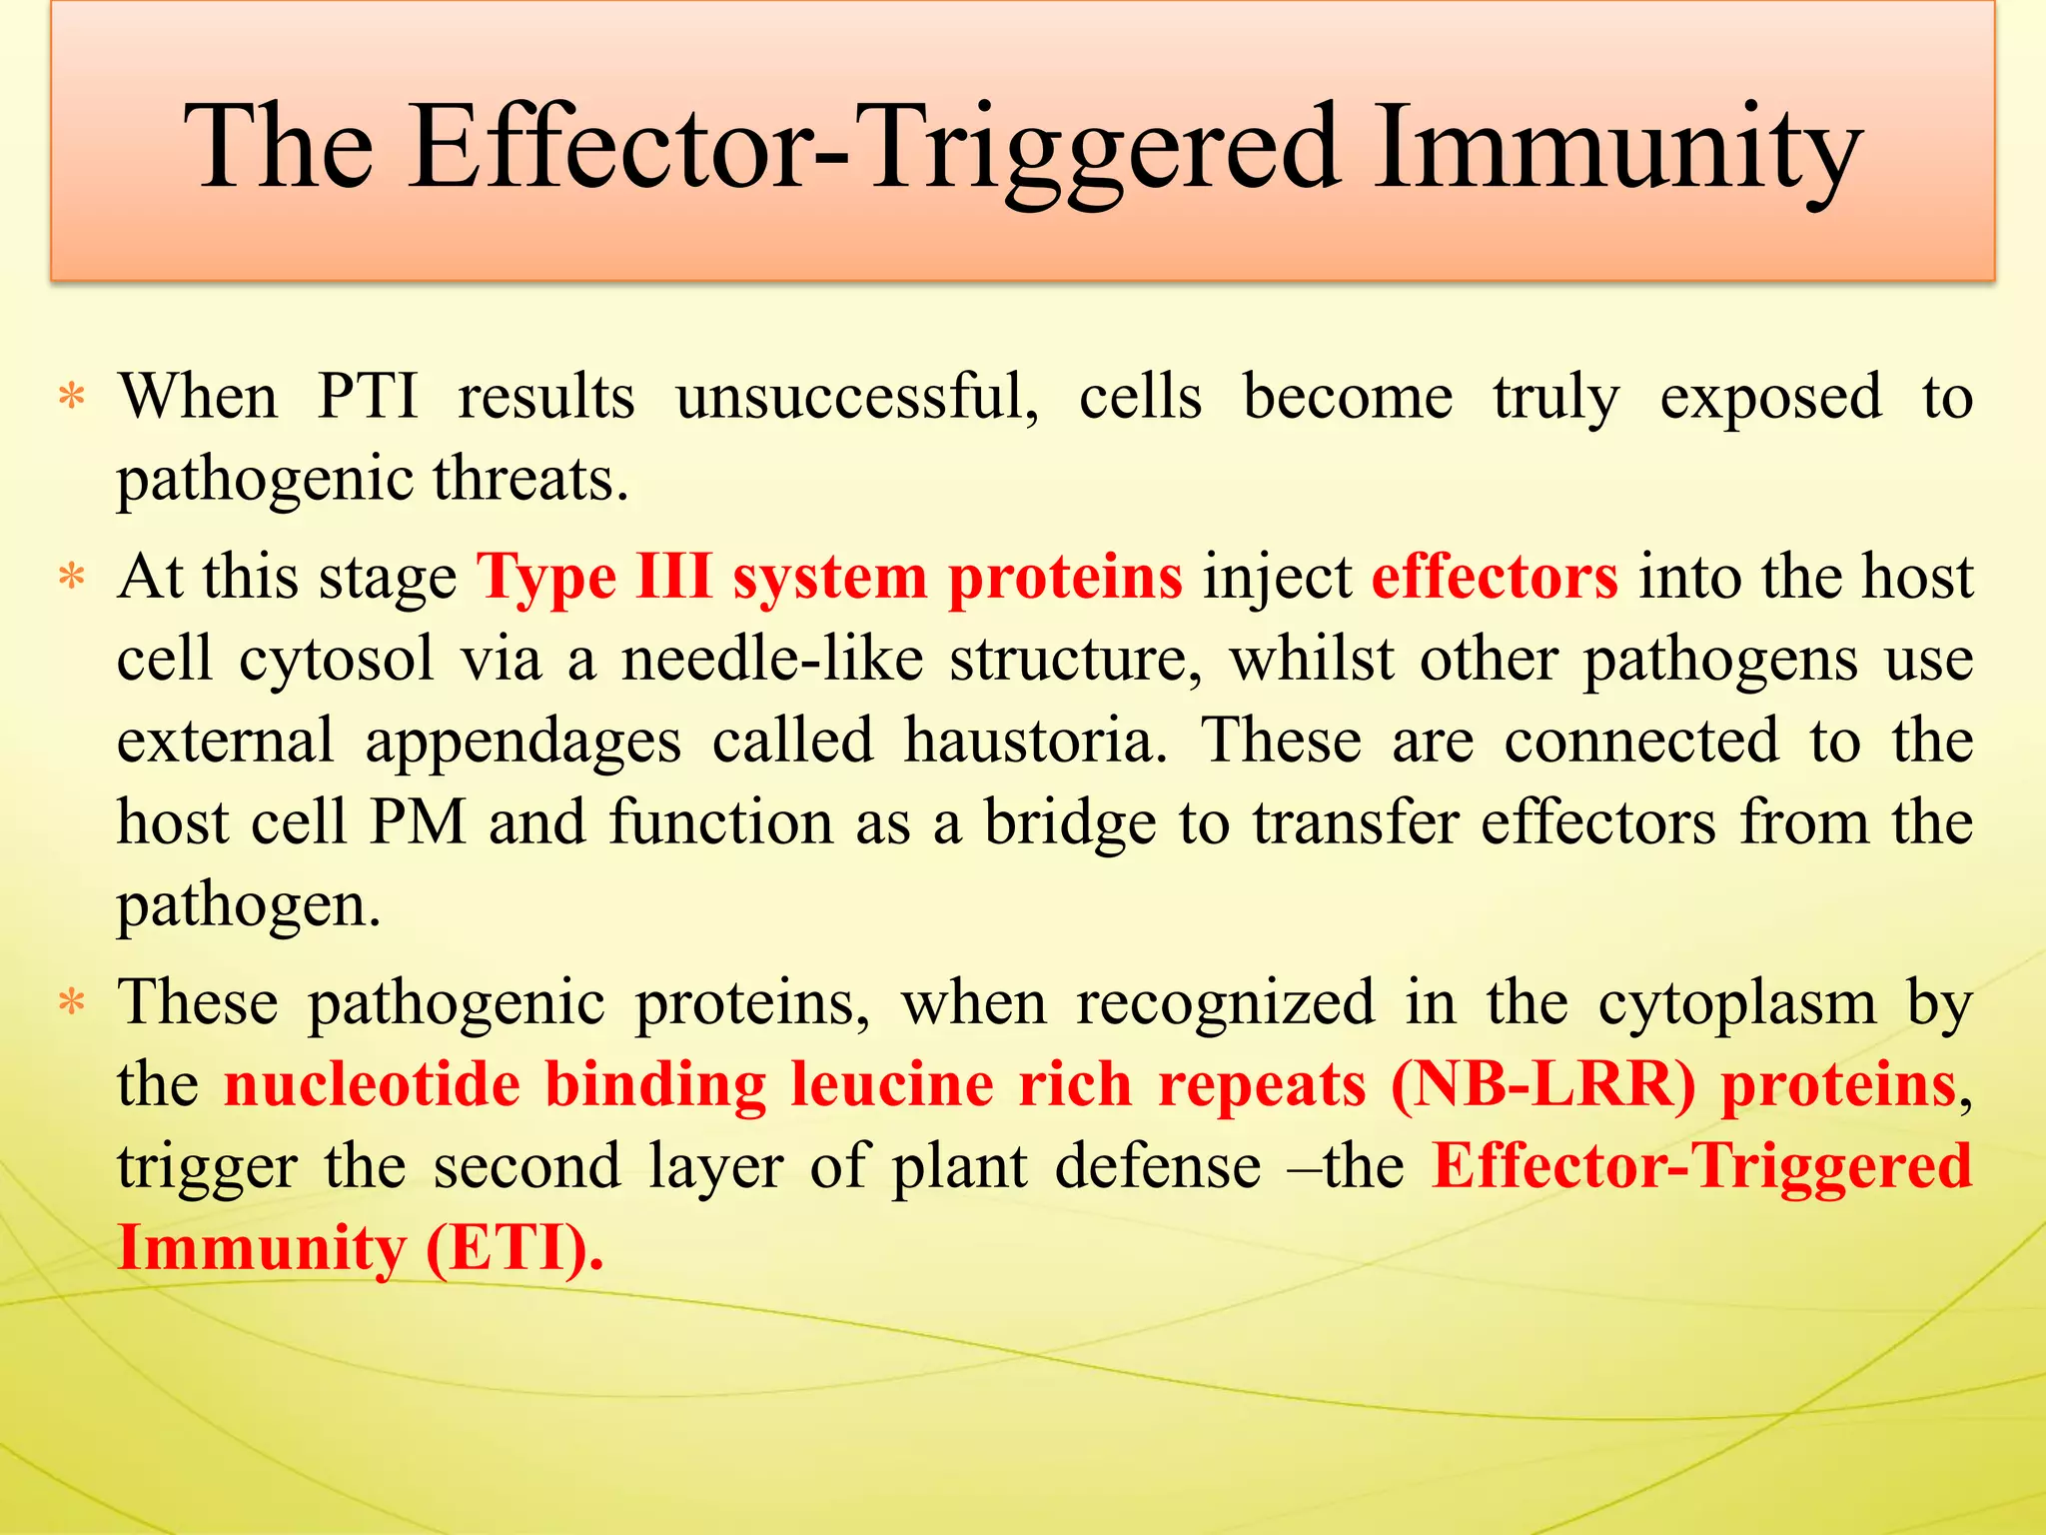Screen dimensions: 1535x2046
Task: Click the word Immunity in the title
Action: point(1615,150)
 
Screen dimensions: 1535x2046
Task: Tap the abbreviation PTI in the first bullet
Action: point(368,397)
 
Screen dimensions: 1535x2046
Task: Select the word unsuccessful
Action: point(856,397)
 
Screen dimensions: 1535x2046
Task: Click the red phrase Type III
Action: point(593,578)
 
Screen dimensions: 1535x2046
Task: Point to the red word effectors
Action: point(1495,578)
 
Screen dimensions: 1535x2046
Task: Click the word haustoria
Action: point(1035,741)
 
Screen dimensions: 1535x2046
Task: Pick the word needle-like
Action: point(771,660)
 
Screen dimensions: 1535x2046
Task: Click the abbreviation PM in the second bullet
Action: point(419,822)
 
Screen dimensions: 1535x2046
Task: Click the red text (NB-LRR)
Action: point(1542,1084)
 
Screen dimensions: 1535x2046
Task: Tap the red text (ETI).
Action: point(513,1248)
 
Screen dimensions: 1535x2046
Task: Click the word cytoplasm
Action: point(1737,1002)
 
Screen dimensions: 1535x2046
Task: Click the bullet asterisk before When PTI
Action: point(72,398)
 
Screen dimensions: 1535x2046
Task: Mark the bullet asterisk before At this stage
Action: point(72,578)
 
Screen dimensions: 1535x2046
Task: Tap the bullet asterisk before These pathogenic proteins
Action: point(72,1002)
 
